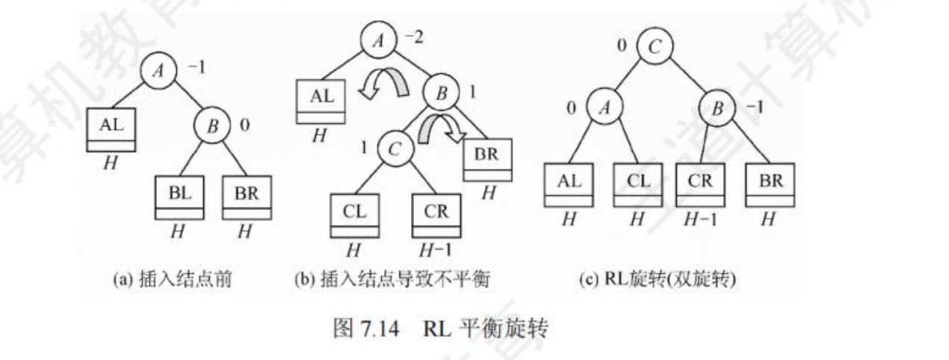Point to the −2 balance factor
pyautogui.click(x=413, y=37)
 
